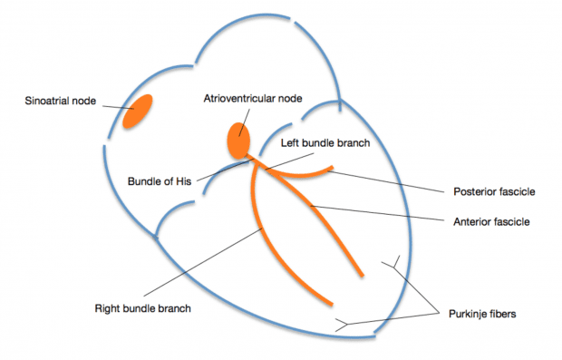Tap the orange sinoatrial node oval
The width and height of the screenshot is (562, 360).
139,111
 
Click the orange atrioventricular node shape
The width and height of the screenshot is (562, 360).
237,141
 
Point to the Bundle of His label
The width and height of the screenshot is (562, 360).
160,180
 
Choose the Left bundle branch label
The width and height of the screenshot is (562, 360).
311,143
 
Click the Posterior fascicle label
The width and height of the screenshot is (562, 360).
494,192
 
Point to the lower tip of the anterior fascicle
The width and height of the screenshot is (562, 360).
363,274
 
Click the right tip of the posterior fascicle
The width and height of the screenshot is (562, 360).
336,168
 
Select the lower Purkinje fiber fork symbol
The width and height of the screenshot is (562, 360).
343,323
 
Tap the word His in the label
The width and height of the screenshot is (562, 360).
183,180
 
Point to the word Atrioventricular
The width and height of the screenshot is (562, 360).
237,97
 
